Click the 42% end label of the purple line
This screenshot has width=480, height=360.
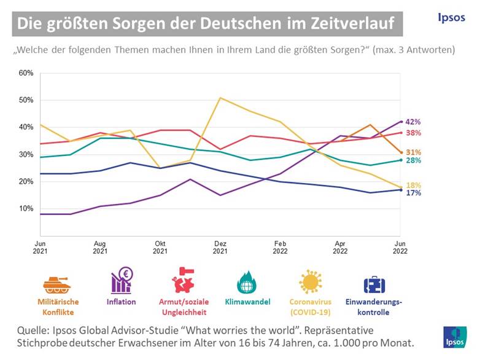point(413,122)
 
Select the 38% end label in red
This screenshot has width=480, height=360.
point(413,133)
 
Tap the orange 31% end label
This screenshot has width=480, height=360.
point(413,152)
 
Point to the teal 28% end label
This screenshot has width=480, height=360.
point(413,160)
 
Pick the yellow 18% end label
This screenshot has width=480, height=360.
point(413,185)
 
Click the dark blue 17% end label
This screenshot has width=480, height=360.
point(413,193)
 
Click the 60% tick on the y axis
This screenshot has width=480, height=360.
point(26,73)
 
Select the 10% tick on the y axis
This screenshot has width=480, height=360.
point(26,209)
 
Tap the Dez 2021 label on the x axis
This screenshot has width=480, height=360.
point(220,247)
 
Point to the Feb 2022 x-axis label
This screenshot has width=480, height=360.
point(280,247)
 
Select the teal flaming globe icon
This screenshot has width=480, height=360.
point(246,283)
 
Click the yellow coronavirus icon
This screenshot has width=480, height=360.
point(311,282)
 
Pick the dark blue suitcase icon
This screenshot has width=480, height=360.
point(374,284)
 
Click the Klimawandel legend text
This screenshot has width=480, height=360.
point(246,302)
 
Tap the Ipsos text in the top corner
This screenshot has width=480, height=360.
point(451,18)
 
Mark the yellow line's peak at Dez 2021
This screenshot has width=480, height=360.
point(220,98)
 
